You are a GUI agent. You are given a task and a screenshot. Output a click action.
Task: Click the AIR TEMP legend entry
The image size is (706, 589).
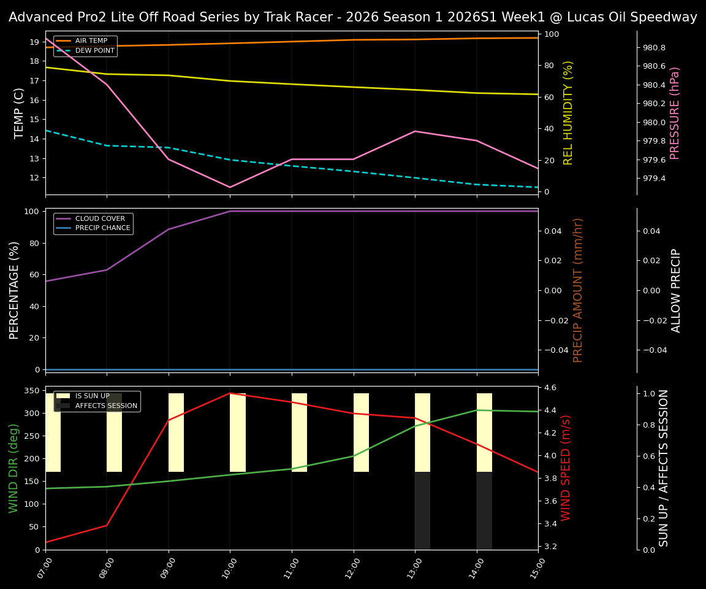point(91,41)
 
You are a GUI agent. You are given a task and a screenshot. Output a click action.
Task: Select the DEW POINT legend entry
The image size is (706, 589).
point(94,51)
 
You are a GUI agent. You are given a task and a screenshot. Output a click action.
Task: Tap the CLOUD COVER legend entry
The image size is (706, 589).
point(100,219)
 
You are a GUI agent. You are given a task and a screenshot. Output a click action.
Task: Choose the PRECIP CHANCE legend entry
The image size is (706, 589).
point(102,228)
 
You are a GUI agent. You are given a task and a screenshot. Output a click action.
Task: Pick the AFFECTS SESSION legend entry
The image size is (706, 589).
point(106,406)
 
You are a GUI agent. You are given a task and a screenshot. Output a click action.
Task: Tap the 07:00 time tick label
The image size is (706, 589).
point(42,568)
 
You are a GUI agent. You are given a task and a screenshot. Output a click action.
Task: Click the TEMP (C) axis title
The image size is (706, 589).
point(20,113)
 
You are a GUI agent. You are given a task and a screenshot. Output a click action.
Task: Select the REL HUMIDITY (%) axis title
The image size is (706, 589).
point(568,113)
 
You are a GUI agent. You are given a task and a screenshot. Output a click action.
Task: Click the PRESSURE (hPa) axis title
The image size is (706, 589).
point(675,113)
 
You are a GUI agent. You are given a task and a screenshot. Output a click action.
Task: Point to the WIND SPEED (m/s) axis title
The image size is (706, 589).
point(566,468)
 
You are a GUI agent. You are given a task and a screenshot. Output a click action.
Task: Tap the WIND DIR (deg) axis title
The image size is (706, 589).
point(13,468)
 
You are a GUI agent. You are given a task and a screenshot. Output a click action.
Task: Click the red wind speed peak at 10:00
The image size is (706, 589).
point(230,393)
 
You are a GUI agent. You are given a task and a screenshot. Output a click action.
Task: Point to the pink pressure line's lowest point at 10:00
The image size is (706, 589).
point(230,187)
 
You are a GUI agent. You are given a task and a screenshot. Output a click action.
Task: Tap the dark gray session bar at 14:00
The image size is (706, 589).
point(484,510)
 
